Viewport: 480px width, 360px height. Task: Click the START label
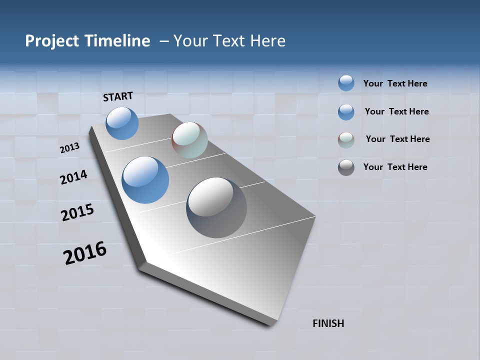tap(118, 96)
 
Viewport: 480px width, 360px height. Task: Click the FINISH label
tap(328, 323)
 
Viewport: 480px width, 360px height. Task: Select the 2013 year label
tap(70, 148)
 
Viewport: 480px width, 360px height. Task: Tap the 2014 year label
tap(73, 177)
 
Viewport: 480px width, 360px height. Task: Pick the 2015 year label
tap(77, 212)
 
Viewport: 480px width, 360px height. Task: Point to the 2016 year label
tap(85, 253)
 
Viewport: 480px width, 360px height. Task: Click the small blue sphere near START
tap(122, 123)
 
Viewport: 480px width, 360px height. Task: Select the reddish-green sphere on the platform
tap(189, 140)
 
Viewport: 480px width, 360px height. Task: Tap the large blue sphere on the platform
tap(145, 180)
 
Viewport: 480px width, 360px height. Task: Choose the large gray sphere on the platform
tap(216, 207)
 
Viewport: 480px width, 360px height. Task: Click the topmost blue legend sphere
tap(346, 83)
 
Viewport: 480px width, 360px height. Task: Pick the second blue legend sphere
tap(346, 111)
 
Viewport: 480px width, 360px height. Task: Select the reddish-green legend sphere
tap(346, 139)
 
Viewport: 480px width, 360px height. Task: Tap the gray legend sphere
tap(346, 167)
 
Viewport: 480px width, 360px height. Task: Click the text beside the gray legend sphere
tap(395, 167)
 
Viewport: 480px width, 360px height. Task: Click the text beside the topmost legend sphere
tap(395, 83)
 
